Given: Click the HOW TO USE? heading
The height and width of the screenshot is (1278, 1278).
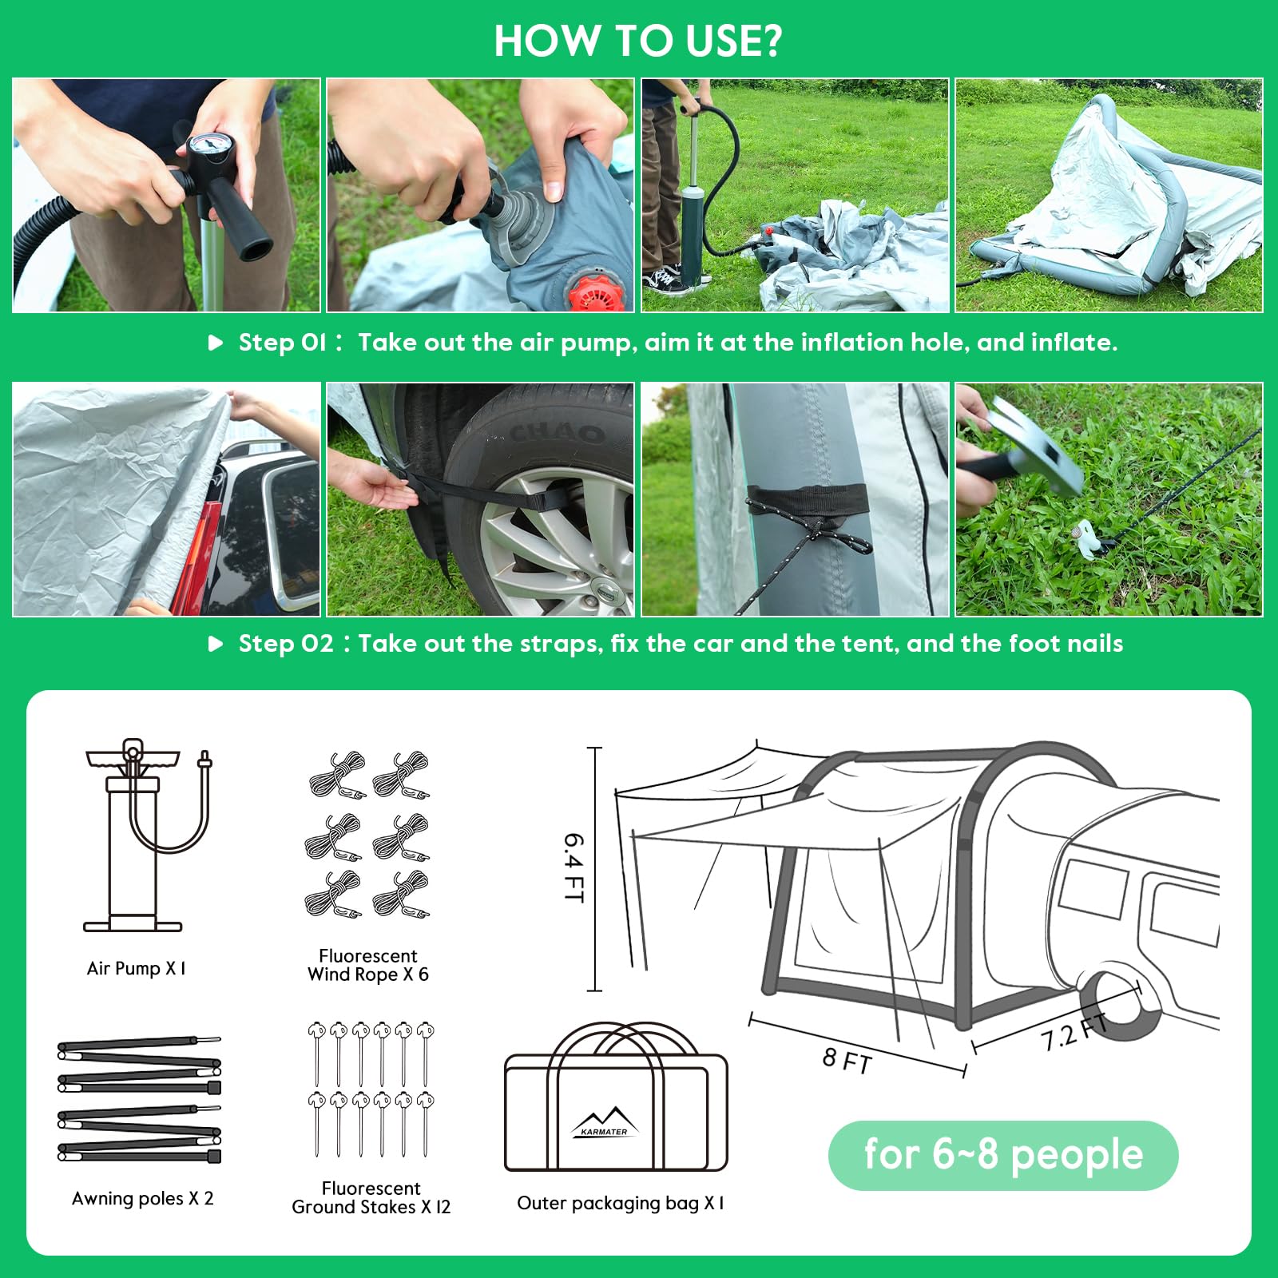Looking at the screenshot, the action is tap(638, 41).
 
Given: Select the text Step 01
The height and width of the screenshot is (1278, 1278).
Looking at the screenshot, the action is tap(282, 343).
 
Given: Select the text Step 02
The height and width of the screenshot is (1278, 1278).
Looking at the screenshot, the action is tap(285, 644).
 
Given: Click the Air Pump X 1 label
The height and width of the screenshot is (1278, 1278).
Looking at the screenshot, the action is tap(137, 968).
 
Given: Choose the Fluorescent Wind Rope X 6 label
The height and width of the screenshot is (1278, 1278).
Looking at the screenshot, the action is tap(368, 965).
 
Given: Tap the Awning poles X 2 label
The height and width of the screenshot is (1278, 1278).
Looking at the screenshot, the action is tap(143, 1198).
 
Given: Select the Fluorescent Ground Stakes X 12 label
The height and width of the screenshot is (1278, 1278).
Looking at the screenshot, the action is tap(371, 1197).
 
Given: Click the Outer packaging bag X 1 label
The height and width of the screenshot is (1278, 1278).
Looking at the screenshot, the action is tap(621, 1203).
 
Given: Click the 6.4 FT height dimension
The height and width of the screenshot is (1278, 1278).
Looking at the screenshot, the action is tap(574, 867).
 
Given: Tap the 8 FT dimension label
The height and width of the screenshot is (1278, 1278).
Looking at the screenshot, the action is tap(847, 1060).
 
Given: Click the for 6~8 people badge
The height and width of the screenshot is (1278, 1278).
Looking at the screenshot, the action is tap(1003, 1155).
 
